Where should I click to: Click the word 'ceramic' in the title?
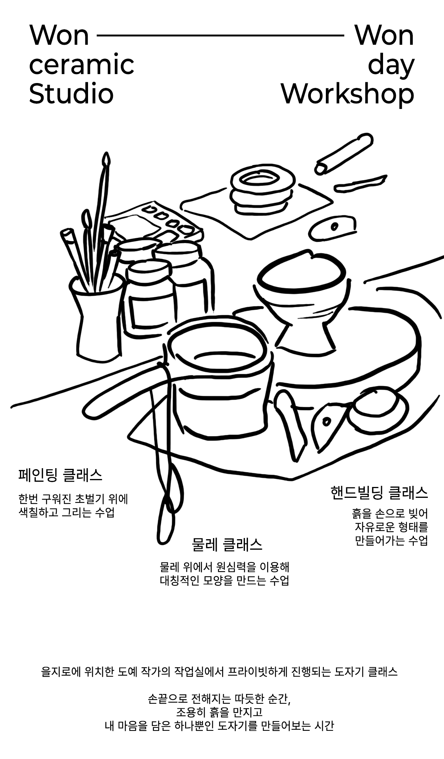coord(81,65)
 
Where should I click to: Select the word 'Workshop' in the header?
coord(348,94)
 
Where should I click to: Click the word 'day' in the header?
coord(391,66)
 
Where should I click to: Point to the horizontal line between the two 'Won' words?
coord(220,36)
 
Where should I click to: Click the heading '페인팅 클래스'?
coord(60,475)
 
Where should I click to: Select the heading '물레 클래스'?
coord(227,545)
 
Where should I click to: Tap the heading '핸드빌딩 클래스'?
coord(379,493)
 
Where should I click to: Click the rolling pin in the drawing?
coord(344,153)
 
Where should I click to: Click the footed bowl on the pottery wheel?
coord(301,301)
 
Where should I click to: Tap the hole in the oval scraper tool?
coord(334,226)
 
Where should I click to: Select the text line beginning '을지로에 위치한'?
coord(219,671)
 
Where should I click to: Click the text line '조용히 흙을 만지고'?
coord(219,712)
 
